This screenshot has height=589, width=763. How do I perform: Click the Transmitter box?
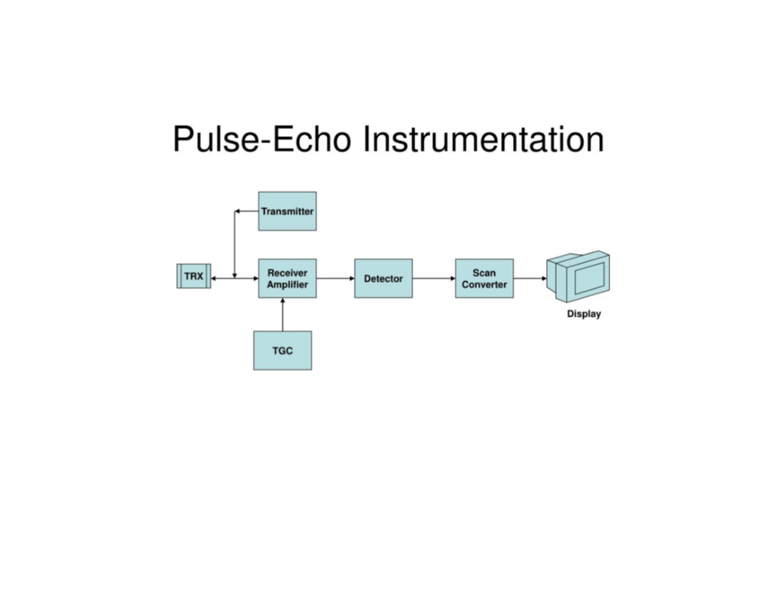click(287, 211)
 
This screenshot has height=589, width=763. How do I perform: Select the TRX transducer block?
click(193, 276)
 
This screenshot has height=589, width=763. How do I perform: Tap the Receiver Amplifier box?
click(287, 278)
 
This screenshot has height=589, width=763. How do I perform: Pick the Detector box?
click(383, 278)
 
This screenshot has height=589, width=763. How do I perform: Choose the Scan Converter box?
click(485, 278)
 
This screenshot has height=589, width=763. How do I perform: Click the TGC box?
click(282, 350)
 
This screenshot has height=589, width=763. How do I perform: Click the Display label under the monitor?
click(584, 314)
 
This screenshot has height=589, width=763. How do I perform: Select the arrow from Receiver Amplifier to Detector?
click(335, 278)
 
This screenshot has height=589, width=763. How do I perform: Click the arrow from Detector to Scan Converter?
click(434, 278)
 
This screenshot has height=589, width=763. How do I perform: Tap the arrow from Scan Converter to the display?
click(530, 278)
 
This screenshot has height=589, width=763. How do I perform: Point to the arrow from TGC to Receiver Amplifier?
click(282, 315)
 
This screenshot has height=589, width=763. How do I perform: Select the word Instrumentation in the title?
click(483, 139)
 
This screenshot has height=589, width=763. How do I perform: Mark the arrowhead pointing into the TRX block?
click(213, 278)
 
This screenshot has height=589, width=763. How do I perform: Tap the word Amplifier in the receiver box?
click(287, 285)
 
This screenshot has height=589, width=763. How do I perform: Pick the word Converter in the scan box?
click(485, 285)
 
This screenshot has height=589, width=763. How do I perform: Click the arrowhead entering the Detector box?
click(352, 278)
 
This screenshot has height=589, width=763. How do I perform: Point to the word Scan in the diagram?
click(485, 273)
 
